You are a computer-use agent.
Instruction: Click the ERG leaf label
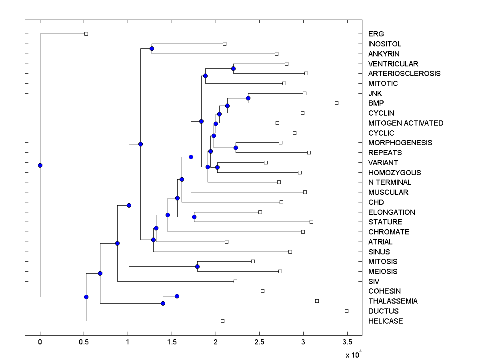[x=376, y=34]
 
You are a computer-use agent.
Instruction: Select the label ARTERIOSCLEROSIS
[x=404, y=74]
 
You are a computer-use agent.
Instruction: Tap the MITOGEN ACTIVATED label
[x=406, y=123]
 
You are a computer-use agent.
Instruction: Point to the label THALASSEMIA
[x=393, y=301]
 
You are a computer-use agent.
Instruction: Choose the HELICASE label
[x=386, y=321]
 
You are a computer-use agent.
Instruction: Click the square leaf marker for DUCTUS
[x=346, y=311]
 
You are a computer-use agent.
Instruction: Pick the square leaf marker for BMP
[x=336, y=103]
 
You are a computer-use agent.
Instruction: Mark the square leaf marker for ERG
[x=86, y=34]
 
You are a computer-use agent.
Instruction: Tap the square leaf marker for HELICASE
[x=222, y=321]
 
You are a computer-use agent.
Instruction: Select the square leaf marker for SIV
[x=235, y=281]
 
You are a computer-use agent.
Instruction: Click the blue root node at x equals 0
[x=40, y=165]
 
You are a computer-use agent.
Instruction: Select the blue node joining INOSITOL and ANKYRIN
[x=152, y=48]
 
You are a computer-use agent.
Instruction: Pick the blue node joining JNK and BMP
[x=248, y=98]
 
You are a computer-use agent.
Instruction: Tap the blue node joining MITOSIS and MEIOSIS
[x=197, y=266]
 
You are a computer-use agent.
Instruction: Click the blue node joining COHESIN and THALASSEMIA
[x=177, y=296]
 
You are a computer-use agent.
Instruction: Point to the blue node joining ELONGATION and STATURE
[x=194, y=217]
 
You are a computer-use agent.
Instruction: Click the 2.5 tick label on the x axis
[x=259, y=342]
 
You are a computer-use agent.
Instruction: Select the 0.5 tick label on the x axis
[x=84, y=342]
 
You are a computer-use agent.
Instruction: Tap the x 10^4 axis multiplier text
[x=353, y=354]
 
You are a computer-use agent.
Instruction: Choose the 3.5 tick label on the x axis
[x=347, y=342]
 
